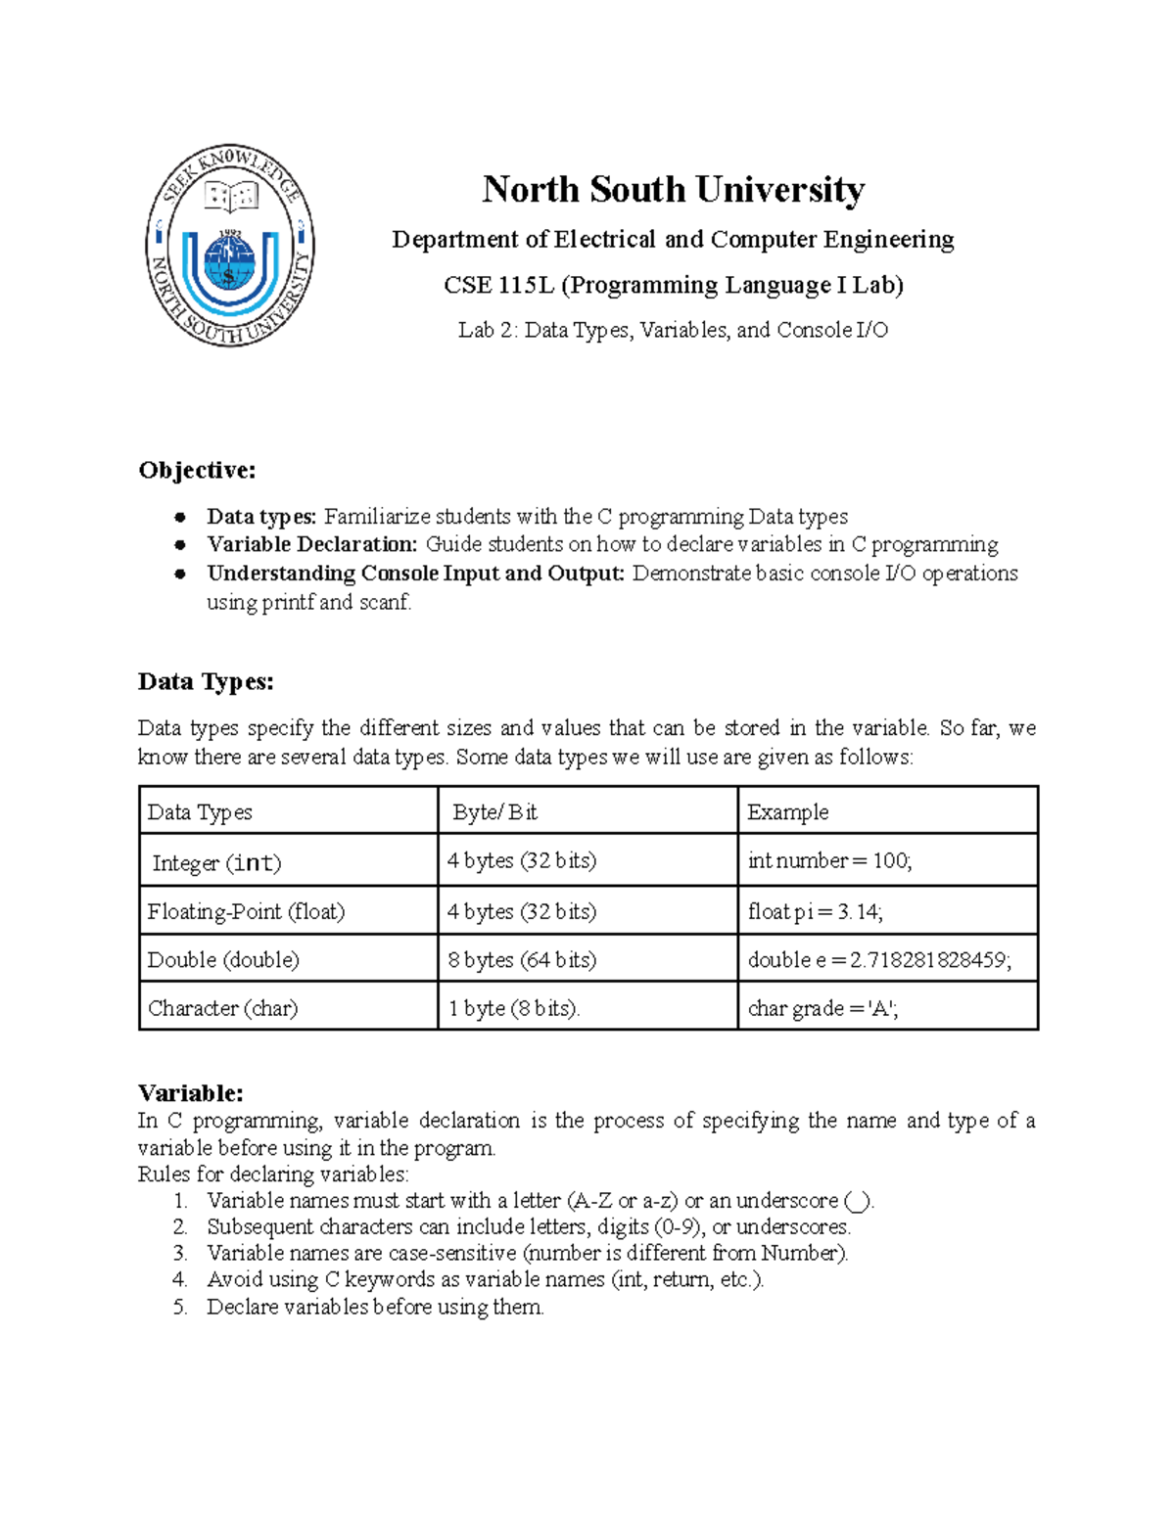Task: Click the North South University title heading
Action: coord(673,189)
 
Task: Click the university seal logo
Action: coord(230,247)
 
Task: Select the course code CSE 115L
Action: coord(498,285)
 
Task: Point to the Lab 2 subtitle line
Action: coord(673,330)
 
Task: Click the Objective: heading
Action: coord(197,471)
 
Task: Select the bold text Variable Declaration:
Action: coord(312,544)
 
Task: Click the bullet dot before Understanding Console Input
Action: coord(179,574)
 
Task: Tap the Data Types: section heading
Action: coord(206,681)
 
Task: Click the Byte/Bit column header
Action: coord(494,812)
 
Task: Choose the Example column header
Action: coord(787,812)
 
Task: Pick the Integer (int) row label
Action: coord(216,862)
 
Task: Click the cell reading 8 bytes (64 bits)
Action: coord(522,959)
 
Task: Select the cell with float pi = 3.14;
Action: coord(815,912)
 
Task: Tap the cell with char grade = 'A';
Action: coord(822,1008)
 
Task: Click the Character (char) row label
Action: coord(222,1008)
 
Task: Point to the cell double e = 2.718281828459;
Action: coord(878,959)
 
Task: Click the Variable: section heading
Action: coord(191,1092)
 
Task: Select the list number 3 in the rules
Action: coord(180,1253)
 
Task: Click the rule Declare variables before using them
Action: coord(375,1307)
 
